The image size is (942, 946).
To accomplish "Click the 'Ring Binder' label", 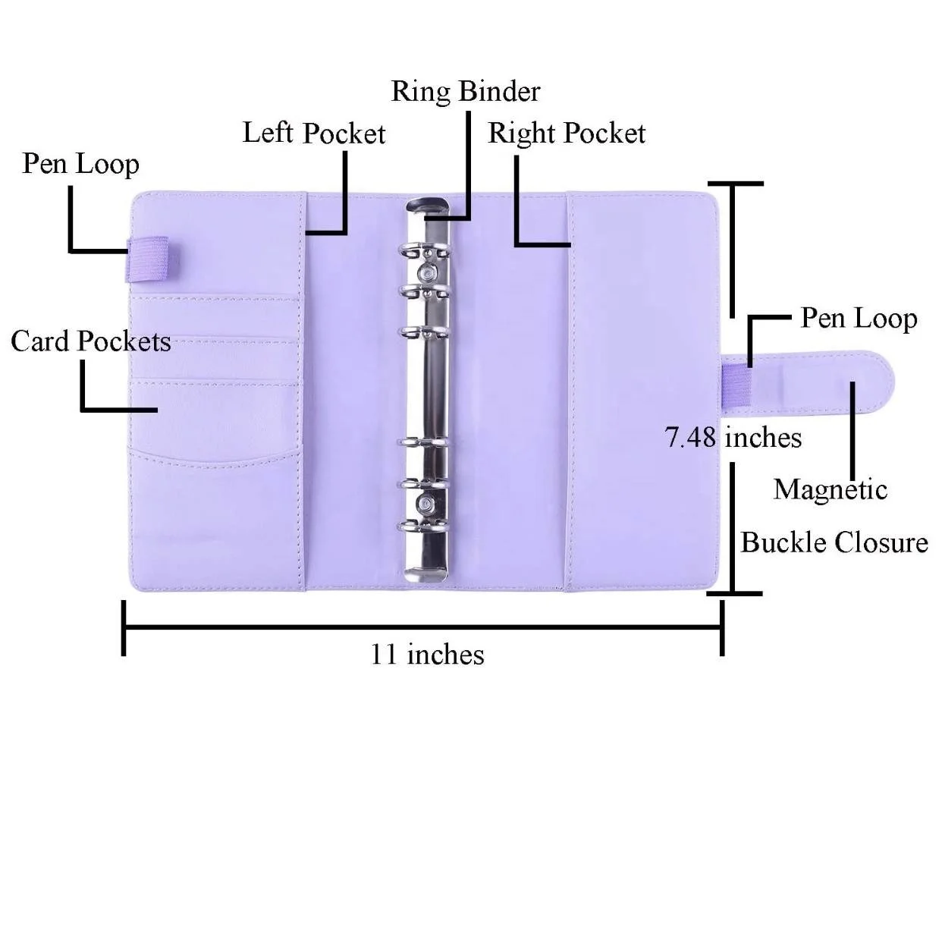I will pyautogui.click(x=465, y=92).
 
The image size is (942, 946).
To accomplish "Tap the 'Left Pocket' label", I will pyautogui.click(x=313, y=134).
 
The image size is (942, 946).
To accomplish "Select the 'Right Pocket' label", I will pyautogui.click(x=566, y=134).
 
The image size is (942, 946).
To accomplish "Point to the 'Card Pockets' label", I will pyautogui.click(x=90, y=341).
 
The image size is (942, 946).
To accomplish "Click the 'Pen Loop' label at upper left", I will pyautogui.click(x=80, y=164).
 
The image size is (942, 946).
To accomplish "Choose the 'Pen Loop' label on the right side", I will pyautogui.click(x=859, y=319).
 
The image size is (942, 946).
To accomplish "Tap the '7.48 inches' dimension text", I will pyautogui.click(x=733, y=438).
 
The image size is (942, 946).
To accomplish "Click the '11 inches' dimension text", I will pyautogui.click(x=427, y=654).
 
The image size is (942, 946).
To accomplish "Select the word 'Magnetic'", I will pyautogui.click(x=830, y=489).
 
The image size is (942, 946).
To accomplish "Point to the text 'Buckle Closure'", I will pyautogui.click(x=834, y=542).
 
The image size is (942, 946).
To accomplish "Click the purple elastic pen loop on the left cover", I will pyautogui.click(x=148, y=258).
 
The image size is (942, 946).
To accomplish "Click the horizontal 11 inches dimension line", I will pyautogui.click(x=422, y=627).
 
